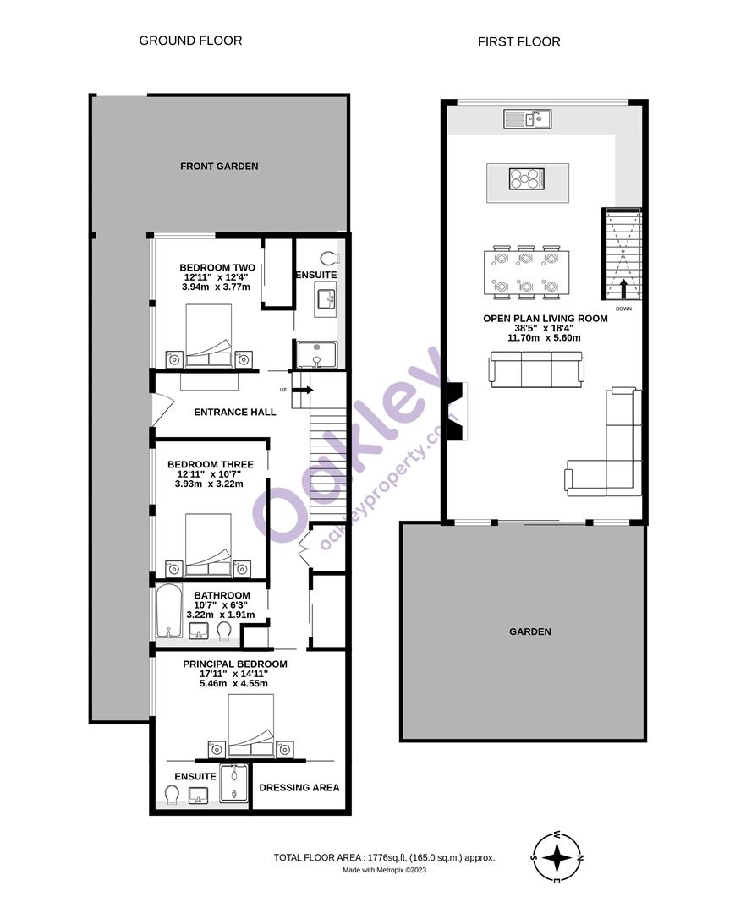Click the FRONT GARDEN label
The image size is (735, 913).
tap(219, 167)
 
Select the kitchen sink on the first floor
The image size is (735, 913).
tap(528, 119)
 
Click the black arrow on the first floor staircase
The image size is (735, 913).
tap(623, 288)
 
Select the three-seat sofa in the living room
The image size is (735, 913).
tap(536, 369)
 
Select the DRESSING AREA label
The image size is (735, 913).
tap(299, 787)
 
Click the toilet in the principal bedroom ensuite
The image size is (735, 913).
tap(172, 793)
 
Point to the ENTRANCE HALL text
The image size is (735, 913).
tap(235, 412)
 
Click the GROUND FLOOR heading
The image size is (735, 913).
tap(190, 41)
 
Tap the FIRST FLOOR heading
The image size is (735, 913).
tap(518, 41)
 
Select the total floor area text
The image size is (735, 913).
tap(384, 857)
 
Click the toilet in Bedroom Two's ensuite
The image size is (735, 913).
tap(330, 258)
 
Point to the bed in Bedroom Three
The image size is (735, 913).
tap(208, 546)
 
